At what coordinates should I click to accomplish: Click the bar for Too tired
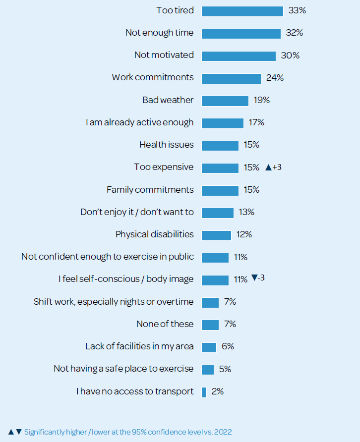pyautogui.click(x=242, y=11)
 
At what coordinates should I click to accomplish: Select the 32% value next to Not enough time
pyautogui.click(x=294, y=33)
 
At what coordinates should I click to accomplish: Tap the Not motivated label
pyautogui.click(x=164, y=55)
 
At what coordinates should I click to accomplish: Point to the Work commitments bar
pyautogui.click(x=231, y=78)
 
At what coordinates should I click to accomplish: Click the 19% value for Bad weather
pyautogui.click(x=261, y=100)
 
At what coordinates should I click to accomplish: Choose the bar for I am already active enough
pyautogui.click(x=223, y=123)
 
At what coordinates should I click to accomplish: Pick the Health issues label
pyautogui.click(x=167, y=145)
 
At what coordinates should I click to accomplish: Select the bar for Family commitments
pyautogui.click(x=220, y=190)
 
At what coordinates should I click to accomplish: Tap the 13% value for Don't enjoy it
pyautogui.click(x=246, y=212)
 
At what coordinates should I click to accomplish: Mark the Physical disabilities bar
pyautogui.click(x=216, y=235)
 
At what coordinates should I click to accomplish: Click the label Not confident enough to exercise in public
pyautogui.click(x=108, y=257)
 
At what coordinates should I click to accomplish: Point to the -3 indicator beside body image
pyautogui.click(x=258, y=278)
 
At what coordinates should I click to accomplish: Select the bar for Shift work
pyautogui.click(x=210, y=302)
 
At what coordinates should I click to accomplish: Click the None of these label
pyautogui.click(x=165, y=324)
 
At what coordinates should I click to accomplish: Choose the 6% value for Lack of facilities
pyautogui.click(x=228, y=346)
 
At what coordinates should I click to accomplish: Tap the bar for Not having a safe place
pyautogui.click(x=208, y=370)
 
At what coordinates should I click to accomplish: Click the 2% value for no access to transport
pyautogui.click(x=218, y=391)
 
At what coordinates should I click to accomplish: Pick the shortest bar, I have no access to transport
pyautogui.click(x=204, y=392)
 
